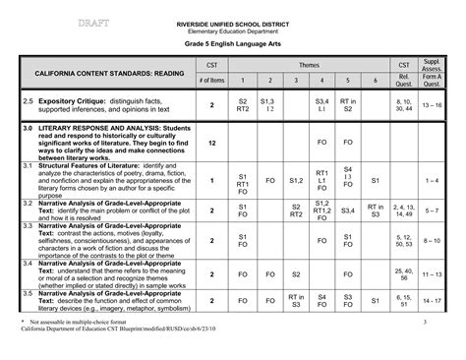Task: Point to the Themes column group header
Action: pos(309,63)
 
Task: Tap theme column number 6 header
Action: pos(375,81)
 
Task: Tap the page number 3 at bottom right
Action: pos(438,322)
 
